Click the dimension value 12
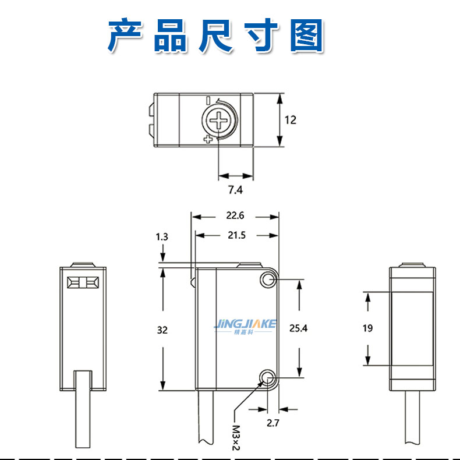291,120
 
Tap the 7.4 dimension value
235,190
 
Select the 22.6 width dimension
235,215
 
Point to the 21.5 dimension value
236,235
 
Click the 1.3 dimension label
162,237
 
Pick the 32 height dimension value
162,330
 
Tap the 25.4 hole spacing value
298,328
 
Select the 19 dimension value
367,328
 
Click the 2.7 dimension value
273,423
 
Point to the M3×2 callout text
236,438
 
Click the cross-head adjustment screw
220,121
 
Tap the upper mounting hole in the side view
268,279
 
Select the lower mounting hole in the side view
268,377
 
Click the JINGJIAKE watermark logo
245,327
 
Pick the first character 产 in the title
125,36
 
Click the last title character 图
307,36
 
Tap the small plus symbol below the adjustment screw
208,139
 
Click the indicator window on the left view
83,282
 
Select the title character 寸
261,36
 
